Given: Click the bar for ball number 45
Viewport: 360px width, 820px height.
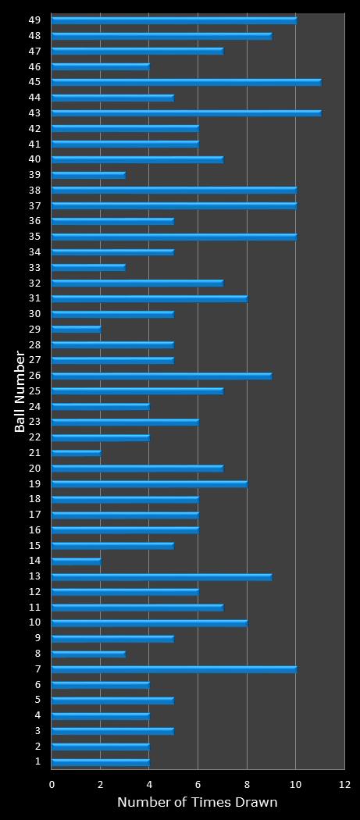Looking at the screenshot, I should (x=186, y=82).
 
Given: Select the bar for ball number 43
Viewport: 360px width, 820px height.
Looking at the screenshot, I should (x=186, y=113).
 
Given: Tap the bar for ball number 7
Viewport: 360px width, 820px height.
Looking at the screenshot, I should (x=173, y=669).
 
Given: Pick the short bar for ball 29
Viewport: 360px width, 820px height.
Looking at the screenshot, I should (x=76, y=329).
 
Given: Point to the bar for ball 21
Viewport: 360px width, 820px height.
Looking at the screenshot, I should (x=76, y=453).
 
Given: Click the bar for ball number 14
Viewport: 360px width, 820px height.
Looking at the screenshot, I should (x=76, y=561).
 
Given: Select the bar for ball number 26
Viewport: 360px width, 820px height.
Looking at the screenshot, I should (x=161, y=376).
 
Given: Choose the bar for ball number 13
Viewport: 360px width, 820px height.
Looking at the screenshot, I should (x=161, y=576).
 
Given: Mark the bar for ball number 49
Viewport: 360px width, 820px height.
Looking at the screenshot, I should (x=173, y=20).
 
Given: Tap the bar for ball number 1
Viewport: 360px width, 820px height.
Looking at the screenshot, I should (x=100, y=761).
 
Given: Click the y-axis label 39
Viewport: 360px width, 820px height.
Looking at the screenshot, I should (x=34, y=175).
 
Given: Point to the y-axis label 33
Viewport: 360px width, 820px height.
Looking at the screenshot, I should (x=34, y=267).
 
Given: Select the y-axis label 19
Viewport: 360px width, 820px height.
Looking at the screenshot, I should (x=34, y=483).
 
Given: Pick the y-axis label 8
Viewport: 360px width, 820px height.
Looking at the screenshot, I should (x=37, y=654).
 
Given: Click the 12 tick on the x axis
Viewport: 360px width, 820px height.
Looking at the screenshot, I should (x=344, y=784).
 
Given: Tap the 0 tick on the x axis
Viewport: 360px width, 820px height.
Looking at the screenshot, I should (x=52, y=784).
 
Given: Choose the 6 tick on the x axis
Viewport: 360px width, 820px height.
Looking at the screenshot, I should (x=198, y=784).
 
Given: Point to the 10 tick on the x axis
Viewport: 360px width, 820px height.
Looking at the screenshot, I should (x=295, y=784).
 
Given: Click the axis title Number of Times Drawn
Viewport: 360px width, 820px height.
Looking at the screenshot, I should (x=197, y=803).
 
